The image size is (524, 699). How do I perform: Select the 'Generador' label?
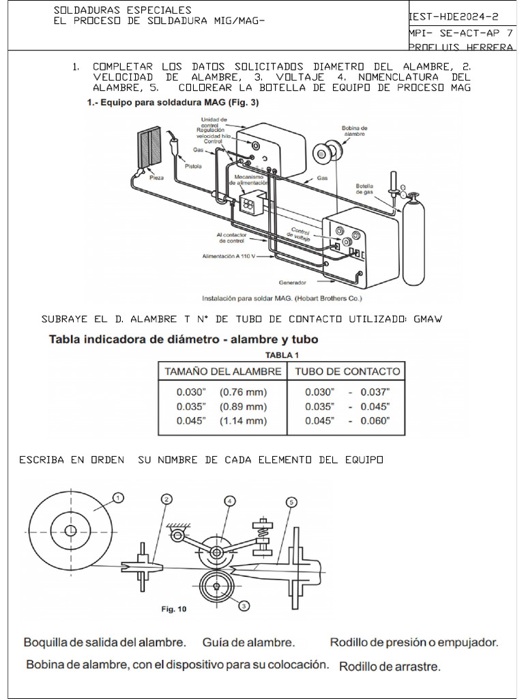tap(293, 282)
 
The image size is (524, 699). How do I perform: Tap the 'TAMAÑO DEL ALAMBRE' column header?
tap(222, 371)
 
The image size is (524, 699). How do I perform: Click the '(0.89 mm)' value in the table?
tap(243, 406)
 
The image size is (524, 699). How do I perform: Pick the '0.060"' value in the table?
tap(375, 420)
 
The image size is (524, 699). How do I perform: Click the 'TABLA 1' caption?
tap(282, 355)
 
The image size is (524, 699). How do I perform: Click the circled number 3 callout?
tap(244, 604)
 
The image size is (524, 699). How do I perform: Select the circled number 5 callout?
tap(292, 502)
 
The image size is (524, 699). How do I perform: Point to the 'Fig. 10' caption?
tap(173, 609)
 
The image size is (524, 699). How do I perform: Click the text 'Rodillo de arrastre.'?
tap(390, 666)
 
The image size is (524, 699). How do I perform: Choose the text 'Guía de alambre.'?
tap(248, 642)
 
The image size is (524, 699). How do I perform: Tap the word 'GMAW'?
tap(427, 319)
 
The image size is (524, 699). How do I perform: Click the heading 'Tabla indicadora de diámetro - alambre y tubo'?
tap(184, 339)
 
